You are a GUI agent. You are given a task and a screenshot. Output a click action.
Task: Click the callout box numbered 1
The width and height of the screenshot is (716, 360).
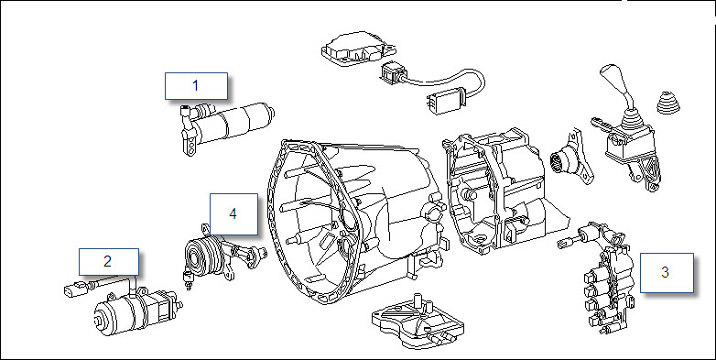click(196, 85)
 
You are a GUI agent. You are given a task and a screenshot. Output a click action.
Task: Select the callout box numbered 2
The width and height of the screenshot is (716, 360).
click(109, 262)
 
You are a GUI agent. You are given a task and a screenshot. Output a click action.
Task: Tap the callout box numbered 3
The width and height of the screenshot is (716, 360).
click(667, 273)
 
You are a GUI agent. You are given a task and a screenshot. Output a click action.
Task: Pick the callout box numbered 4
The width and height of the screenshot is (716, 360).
click(233, 213)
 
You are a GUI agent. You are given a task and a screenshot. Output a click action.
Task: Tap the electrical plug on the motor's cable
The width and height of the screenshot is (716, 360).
click(76, 289)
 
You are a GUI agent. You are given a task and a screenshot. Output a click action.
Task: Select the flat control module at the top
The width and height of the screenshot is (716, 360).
click(359, 46)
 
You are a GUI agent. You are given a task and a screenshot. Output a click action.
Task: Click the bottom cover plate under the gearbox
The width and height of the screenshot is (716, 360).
click(418, 320)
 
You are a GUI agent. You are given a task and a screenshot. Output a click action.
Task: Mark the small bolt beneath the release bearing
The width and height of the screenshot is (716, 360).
click(187, 279)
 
